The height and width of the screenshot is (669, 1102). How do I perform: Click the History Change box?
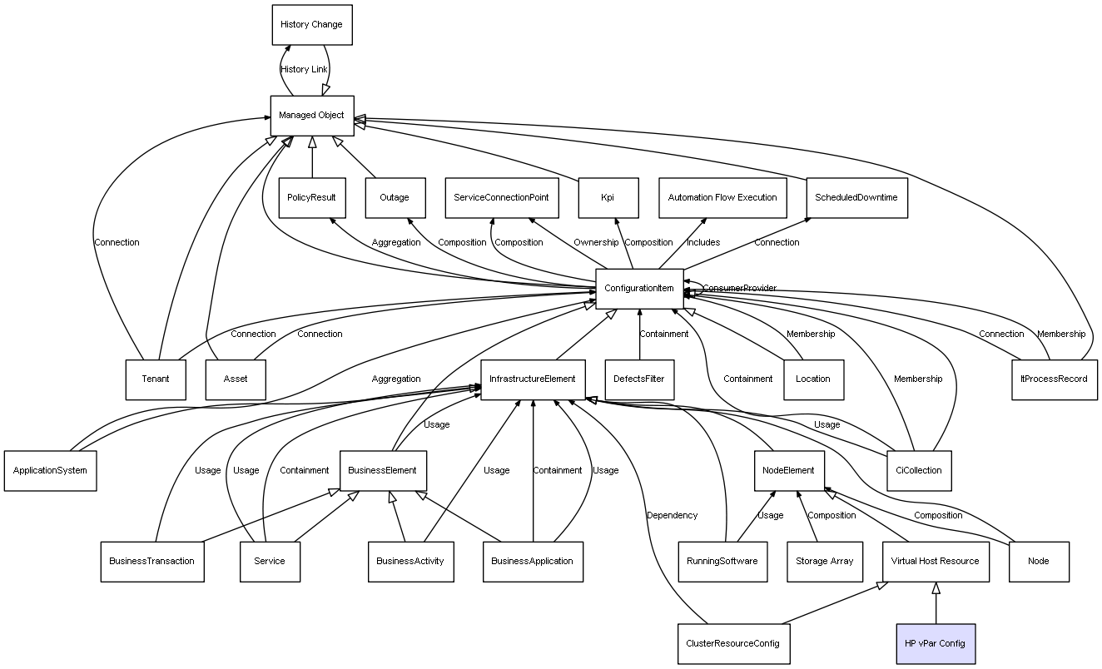pos(311,25)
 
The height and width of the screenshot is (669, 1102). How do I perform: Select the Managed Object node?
pos(312,116)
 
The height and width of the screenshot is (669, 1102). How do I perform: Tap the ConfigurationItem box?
pos(639,289)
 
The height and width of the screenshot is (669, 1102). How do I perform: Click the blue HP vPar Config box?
pos(935,644)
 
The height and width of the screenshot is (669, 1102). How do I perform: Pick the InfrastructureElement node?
pos(533,379)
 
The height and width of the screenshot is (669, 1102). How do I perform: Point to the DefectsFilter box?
pos(639,379)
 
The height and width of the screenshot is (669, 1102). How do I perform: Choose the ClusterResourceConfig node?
pos(732,644)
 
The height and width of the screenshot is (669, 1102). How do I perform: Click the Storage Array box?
pos(824,561)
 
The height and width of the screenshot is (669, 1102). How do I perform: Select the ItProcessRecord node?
pos(1054,379)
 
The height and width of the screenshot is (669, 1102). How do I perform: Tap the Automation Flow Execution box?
pos(722,198)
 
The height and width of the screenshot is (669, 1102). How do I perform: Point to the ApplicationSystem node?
pos(50,470)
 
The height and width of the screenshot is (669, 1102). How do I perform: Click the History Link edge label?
pos(305,70)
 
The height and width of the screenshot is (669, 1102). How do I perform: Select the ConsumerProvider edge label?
pos(739,289)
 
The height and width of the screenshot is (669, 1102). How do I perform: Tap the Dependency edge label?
pos(672,516)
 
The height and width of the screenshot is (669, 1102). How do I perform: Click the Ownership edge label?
pos(596,243)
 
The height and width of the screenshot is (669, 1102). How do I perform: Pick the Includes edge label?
pos(703,243)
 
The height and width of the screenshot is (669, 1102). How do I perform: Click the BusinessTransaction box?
pos(151,561)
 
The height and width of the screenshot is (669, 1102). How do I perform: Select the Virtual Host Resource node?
pos(935,561)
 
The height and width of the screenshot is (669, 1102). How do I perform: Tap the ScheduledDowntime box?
pos(856,198)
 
